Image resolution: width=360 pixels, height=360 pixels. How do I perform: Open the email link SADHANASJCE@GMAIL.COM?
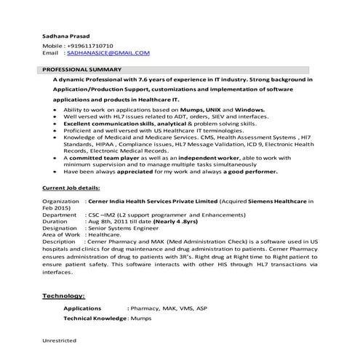pos(108,53)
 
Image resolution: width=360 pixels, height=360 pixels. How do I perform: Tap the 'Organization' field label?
pos(60,200)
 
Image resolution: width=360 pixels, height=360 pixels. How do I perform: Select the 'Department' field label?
pos(59,215)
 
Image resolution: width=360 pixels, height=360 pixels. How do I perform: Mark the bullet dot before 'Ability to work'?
pos(57,108)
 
